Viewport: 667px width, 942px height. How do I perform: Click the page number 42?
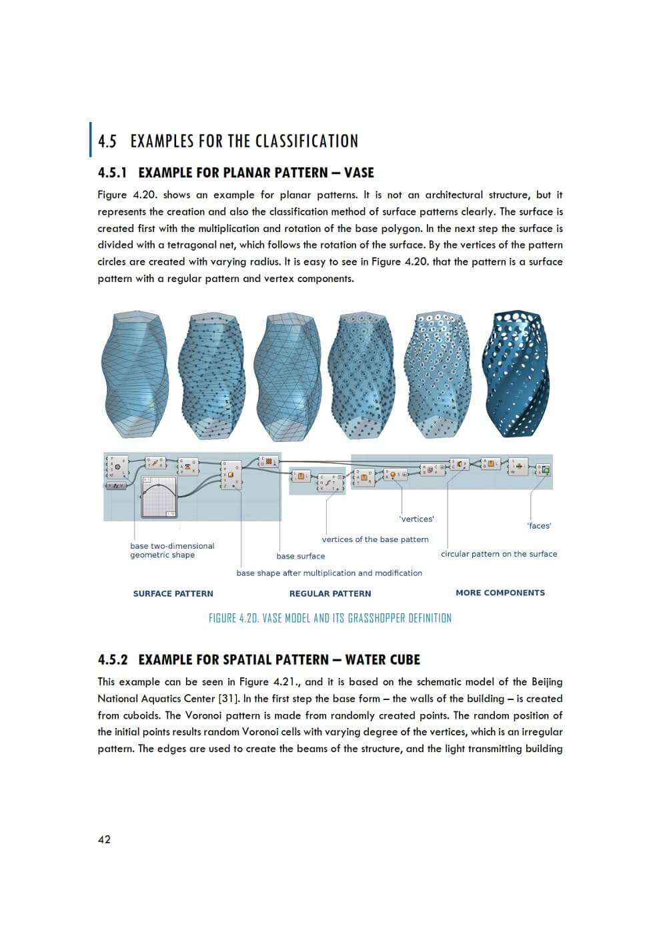pos(104,839)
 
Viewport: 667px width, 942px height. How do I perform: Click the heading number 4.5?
pos(107,141)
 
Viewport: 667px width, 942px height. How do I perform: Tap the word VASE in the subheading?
pos(359,173)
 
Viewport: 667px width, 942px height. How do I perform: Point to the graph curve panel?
pos(159,497)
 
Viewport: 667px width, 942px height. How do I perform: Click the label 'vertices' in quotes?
pos(416,519)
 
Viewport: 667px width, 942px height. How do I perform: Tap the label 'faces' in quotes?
pos(539,525)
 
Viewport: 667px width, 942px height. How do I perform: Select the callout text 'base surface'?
pos(301,556)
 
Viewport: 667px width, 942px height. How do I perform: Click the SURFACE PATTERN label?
pos(173,593)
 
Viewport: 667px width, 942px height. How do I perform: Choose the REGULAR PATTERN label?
pos(330,593)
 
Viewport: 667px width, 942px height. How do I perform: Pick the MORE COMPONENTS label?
pos(500,593)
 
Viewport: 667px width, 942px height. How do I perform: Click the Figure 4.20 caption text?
pos(330,618)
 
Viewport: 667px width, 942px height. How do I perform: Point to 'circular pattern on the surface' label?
pos(499,554)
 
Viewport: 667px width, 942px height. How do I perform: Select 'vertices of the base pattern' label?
pos(375,539)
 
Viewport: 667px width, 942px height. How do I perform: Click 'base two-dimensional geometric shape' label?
pos(172,550)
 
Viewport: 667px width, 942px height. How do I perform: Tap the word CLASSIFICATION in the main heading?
pos(307,141)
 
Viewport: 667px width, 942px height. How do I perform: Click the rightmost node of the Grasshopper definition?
pos(544,470)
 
